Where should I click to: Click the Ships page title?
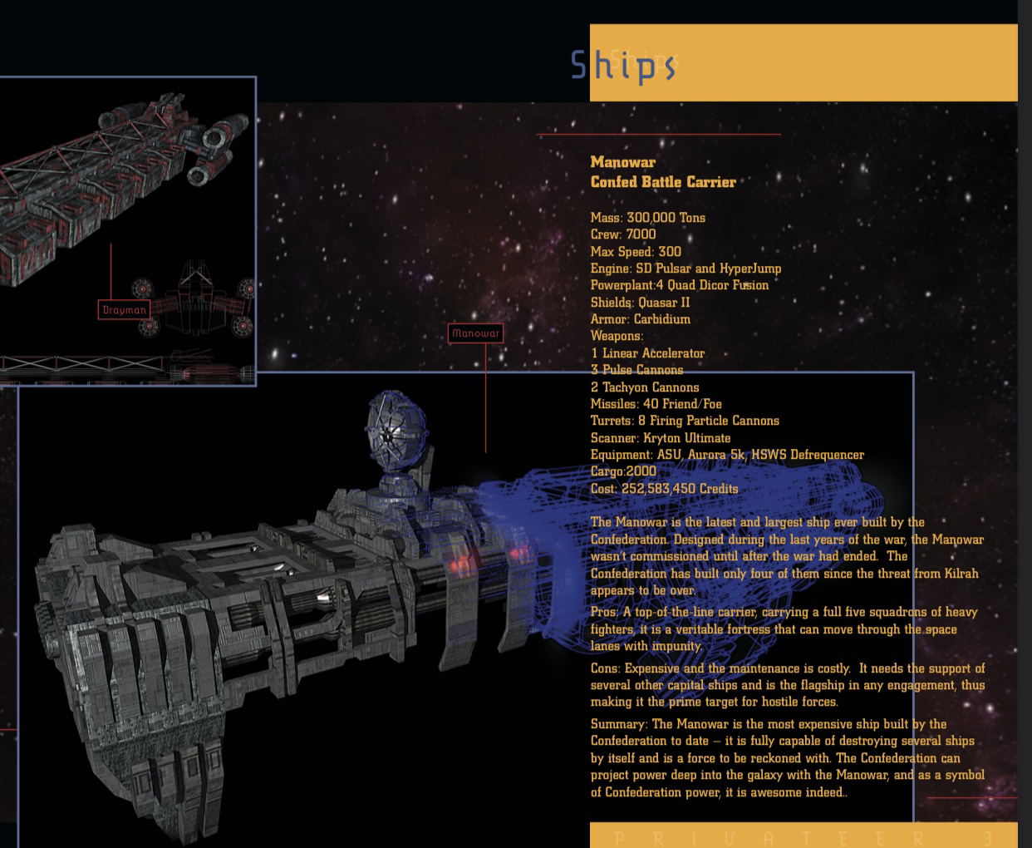(x=623, y=65)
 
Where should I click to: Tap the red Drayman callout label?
(x=124, y=310)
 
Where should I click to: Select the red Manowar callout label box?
(x=475, y=333)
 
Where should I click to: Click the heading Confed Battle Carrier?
(x=663, y=182)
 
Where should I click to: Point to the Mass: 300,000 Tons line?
(x=647, y=218)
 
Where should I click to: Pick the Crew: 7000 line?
(x=622, y=234)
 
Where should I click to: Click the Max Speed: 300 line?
(x=636, y=252)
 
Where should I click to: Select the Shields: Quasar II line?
(x=640, y=303)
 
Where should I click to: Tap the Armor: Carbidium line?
(x=640, y=319)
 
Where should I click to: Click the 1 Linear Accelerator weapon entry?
(x=647, y=353)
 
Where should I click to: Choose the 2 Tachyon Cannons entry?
(x=645, y=387)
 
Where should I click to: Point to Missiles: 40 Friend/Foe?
(x=656, y=404)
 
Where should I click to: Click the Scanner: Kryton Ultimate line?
(x=661, y=438)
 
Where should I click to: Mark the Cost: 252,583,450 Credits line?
(x=664, y=489)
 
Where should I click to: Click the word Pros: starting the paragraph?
(x=604, y=613)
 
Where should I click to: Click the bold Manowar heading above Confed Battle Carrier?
(x=622, y=162)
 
